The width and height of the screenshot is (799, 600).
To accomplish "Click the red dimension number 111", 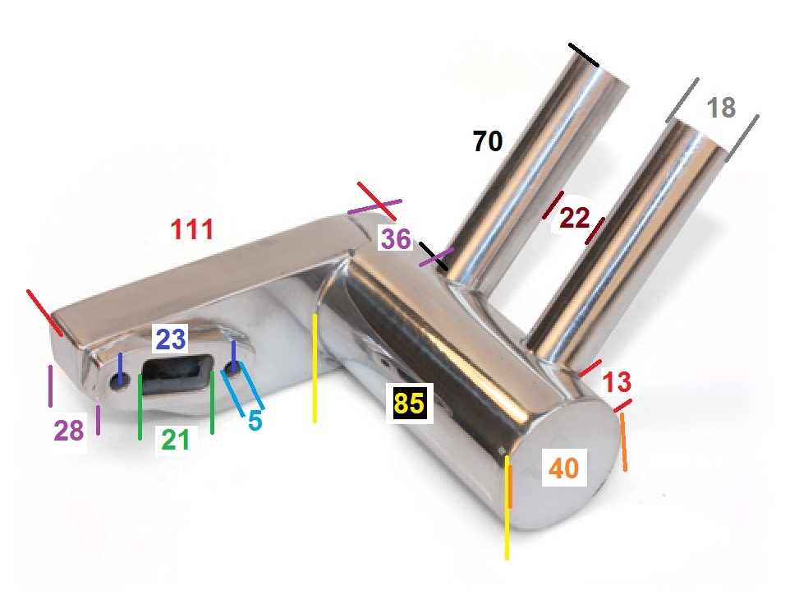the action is tap(191, 229).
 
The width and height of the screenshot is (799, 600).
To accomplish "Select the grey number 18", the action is tap(722, 108).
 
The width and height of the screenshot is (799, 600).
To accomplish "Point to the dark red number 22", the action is tap(574, 219).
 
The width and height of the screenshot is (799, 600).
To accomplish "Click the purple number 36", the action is tap(396, 239).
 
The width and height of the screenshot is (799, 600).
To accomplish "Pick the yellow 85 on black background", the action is tap(409, 403).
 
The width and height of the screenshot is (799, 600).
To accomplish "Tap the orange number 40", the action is tap(564, 468).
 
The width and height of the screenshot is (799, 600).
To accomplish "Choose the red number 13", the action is tap(617, 381).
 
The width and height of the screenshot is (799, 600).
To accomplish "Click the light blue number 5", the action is tap(255, 420).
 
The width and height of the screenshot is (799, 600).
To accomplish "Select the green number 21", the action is tap(175, 440).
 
